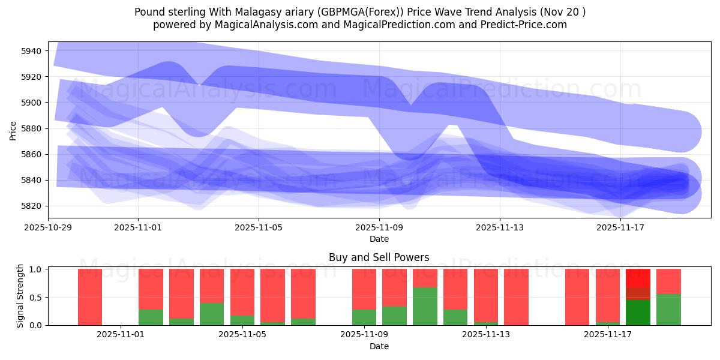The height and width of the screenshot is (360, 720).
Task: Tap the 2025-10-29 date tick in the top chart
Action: (x=48, y=228)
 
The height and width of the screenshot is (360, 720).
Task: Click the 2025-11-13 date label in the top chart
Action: (x=500, y=228)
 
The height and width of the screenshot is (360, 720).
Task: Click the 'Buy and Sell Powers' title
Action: (x=379, y=257)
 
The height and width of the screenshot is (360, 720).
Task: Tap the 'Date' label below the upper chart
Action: (x=379, y=239)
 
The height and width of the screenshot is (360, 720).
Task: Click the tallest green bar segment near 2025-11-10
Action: (x=425, y=306)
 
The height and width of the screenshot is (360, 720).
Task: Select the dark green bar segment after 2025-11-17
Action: (x=638, y=313)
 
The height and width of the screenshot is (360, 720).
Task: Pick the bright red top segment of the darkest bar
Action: (x=638, y=278)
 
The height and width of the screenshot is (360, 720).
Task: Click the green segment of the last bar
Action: (x=668, y=310)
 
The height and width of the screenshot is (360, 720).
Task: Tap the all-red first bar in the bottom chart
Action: (x=90, y=297)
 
